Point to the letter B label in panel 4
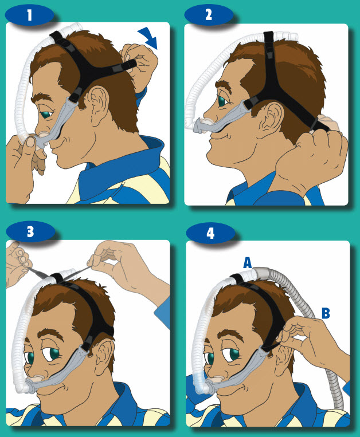[x=325, y=313]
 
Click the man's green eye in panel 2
[x=222, y=101]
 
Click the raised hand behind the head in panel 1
[x=138, y=63]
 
